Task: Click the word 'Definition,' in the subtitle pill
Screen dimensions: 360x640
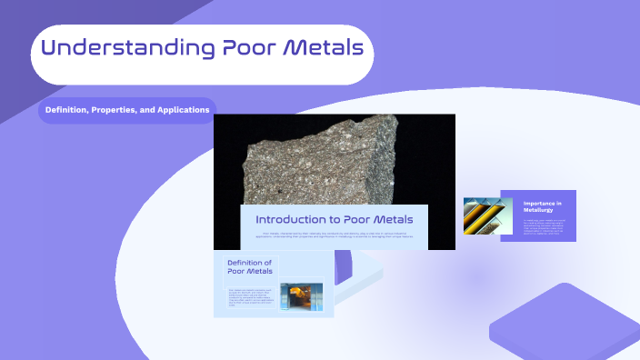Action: point(71,110)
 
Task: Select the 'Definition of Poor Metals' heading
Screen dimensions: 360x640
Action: point(249,266)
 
